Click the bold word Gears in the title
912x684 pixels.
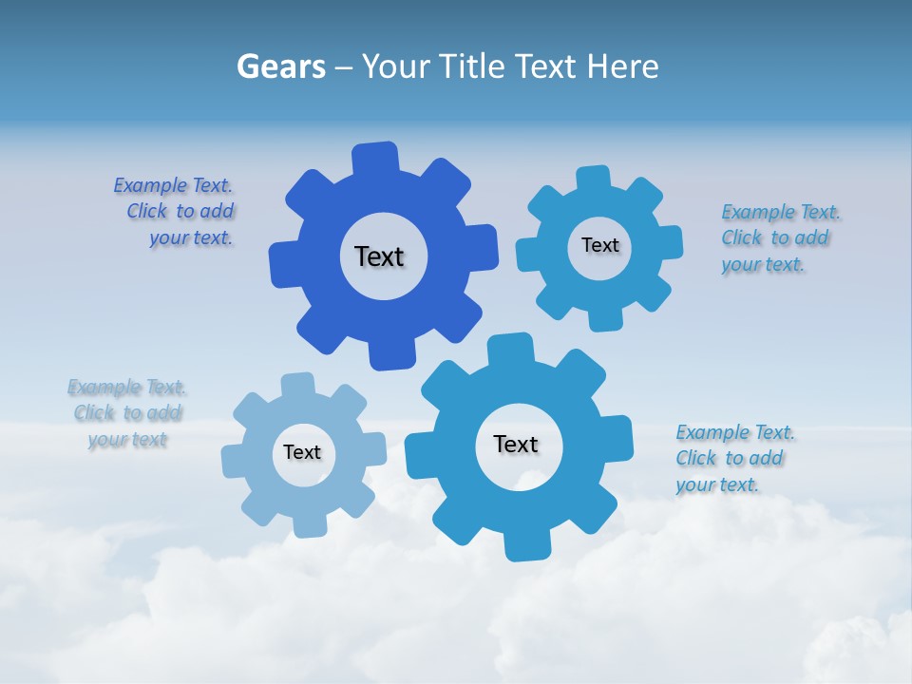280,66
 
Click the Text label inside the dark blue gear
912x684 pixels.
379,256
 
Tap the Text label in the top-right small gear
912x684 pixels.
599,245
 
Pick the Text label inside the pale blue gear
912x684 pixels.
302,452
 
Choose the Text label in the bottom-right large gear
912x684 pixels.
516,444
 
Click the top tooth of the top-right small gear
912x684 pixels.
593,179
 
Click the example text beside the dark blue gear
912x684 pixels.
176,212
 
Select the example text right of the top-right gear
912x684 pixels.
781,238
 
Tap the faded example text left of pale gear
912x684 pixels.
127,413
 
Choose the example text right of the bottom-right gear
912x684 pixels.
734,459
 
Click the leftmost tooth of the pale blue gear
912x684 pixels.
234,462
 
